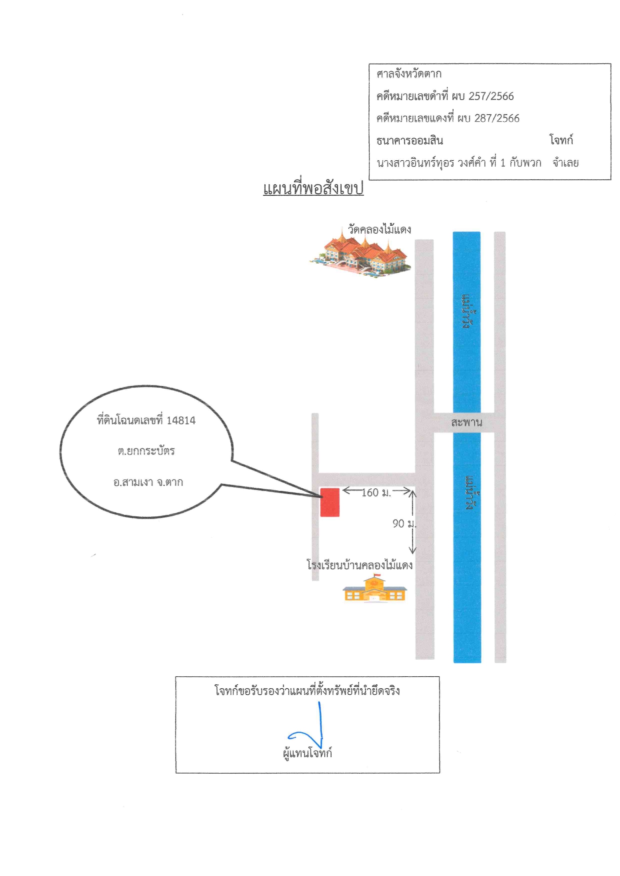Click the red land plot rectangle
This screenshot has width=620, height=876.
tap(329, 502)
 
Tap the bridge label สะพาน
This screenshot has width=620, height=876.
tap(466, 423)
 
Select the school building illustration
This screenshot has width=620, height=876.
tap(375, 588)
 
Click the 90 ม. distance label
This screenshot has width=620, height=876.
tap(404, 523)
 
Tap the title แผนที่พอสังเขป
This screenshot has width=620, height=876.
tap(313, 188)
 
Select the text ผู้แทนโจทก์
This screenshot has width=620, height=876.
tap(307, 753)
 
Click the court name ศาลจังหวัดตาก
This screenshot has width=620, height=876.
tap(409, 74)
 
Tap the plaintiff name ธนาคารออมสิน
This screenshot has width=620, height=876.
tap(410, 140)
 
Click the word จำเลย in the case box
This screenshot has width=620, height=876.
tap(565, 162)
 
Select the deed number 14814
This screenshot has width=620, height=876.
tap(181, 421)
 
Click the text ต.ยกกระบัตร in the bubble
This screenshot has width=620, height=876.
tap(146, 451)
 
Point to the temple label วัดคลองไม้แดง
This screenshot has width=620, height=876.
tap(379, 229)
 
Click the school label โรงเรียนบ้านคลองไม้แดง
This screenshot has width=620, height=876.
tap(359, 565)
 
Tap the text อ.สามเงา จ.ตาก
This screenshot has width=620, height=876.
tap(148, 482)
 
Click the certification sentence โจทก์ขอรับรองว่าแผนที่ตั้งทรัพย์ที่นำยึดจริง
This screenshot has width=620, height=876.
tap(307, 691)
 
